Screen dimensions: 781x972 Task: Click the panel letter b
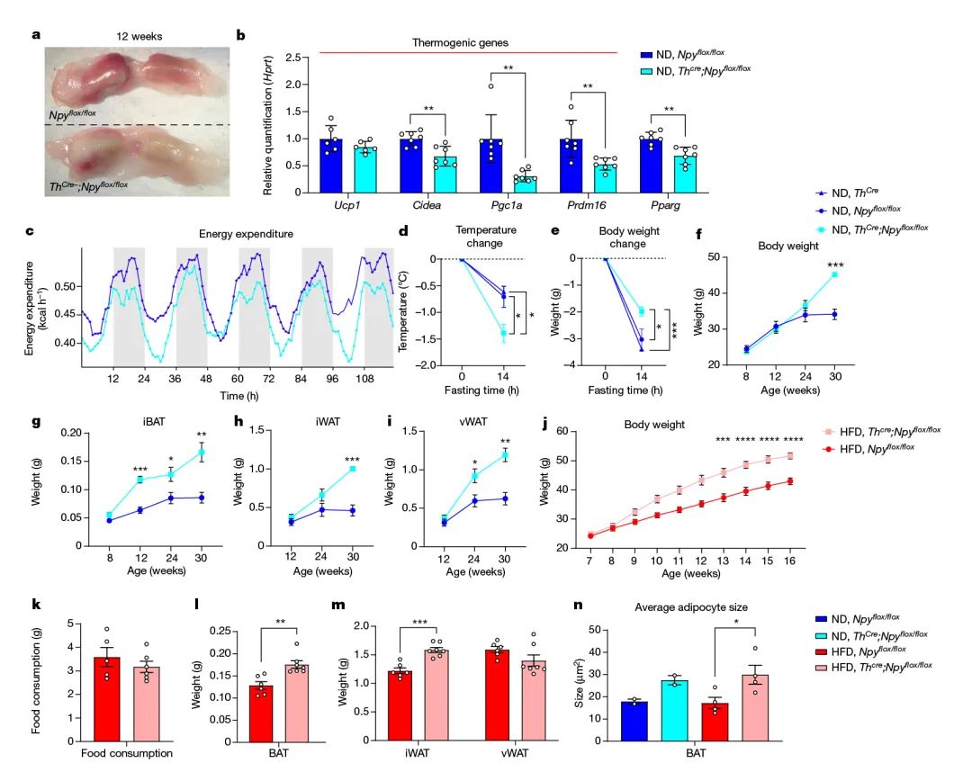coord(240,36)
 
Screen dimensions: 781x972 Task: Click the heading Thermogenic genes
coord(460,42)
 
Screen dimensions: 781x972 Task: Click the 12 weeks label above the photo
coord(137,36)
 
